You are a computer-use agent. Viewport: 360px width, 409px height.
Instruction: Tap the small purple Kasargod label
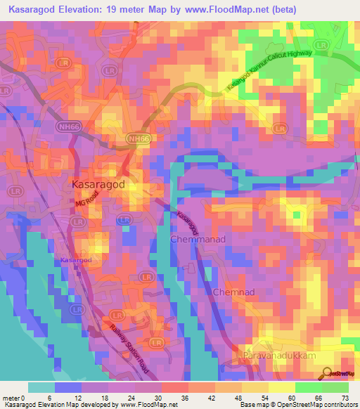76,260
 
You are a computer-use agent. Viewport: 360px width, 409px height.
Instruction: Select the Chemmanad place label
197,240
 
